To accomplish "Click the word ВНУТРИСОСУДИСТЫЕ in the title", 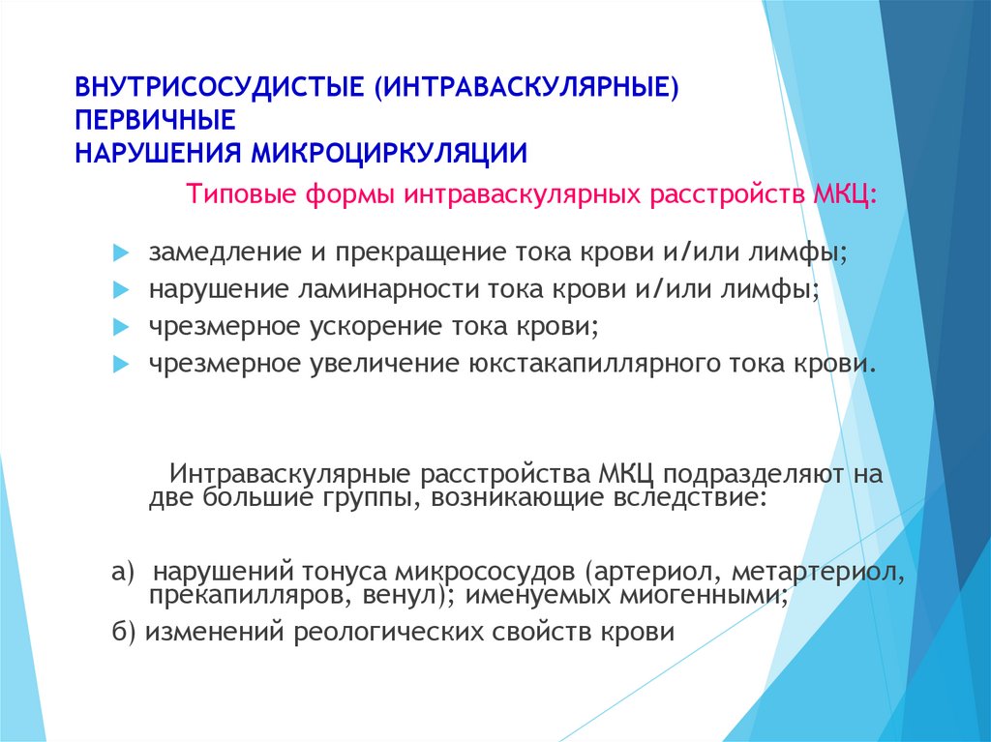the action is pos(220,87).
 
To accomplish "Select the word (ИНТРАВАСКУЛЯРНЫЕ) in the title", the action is pos(526,87).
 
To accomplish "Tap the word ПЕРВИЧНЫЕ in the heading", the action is pos(156,120).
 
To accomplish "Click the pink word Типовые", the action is pos(241,194).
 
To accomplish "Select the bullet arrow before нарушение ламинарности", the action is pos(121,291).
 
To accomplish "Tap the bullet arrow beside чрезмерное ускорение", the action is pos(121,327).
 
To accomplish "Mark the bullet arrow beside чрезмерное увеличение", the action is pos(121,365).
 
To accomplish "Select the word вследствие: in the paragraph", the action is pos(691,497).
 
